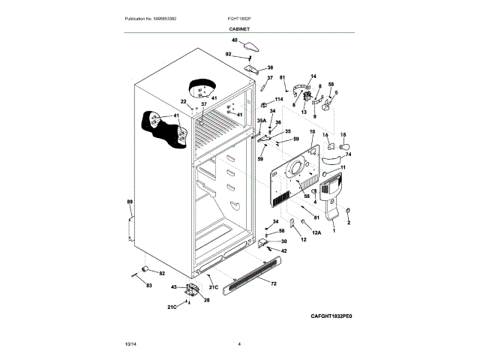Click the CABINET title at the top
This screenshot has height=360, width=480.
point(239,28)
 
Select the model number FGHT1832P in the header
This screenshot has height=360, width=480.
point(239,18)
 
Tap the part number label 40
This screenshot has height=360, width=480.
point(234,40)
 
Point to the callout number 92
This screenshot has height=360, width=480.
point(229,54)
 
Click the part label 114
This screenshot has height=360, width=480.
point(279,98)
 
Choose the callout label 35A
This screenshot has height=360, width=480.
point(262,120)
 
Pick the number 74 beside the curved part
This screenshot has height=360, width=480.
point(348,154)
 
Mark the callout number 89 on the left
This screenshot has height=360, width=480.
point(129,203)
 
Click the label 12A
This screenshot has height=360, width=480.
point(316,233)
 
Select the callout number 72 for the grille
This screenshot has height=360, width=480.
point(273,285)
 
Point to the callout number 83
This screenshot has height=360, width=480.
point(148,286)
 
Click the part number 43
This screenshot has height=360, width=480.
point(173,287)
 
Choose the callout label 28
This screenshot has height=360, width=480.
point(206,300)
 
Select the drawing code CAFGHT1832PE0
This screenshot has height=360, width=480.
point(331,316)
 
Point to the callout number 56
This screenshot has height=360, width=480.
point(282,231)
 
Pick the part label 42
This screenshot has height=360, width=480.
point(283,250)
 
